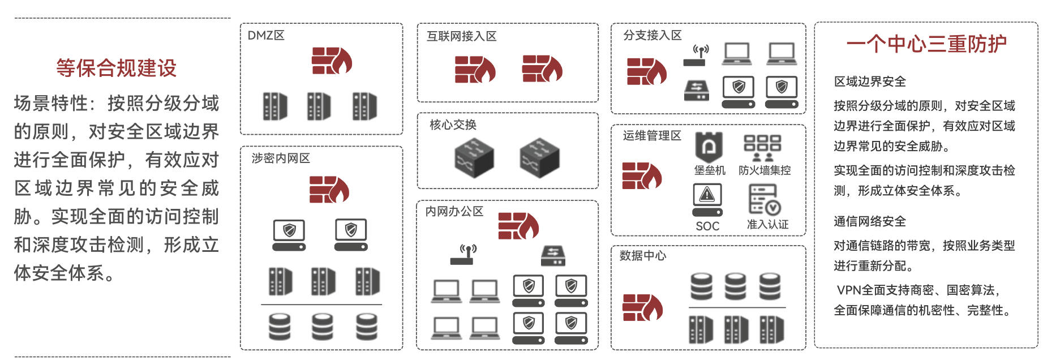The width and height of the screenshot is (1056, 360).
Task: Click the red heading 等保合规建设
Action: [x=116, y=68]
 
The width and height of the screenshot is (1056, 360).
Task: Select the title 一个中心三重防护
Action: [x=926, y=44]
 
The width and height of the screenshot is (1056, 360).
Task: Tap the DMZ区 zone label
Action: [x=266, y=36]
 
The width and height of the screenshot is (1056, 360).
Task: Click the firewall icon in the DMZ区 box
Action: [x=332, y=61]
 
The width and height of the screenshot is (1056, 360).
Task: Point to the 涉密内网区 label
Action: [x=281, y=158]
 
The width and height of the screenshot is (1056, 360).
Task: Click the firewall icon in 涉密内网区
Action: [x=329, y=189]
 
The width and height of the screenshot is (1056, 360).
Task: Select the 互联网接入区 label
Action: [x=461, y=37]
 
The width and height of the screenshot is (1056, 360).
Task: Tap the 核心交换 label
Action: [x=453, y=125]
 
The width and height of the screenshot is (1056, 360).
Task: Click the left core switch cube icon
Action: [x=474, y=158]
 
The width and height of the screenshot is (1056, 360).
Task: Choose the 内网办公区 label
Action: [x=454, y=212]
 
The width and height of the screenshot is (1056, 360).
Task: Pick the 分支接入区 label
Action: [x=652, y=36]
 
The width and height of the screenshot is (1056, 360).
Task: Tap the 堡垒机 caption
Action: [x=709, y=170]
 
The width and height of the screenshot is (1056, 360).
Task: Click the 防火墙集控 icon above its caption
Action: [x=762, y=147]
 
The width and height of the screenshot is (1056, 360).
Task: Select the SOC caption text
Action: [x=707, y=226]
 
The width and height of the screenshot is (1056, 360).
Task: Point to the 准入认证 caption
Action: [x=767, y=225]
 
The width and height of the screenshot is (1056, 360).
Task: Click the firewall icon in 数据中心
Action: [x=642, y=307]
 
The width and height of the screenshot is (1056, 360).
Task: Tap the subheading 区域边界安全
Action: [x=870, y=82]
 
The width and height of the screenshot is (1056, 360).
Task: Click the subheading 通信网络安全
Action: [x=870, y=221]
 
